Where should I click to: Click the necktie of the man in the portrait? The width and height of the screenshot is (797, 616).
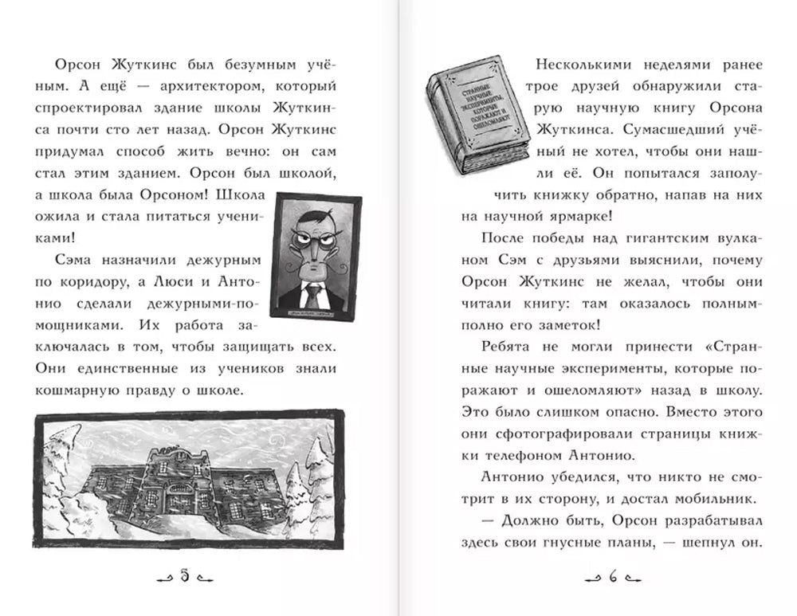315,294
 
